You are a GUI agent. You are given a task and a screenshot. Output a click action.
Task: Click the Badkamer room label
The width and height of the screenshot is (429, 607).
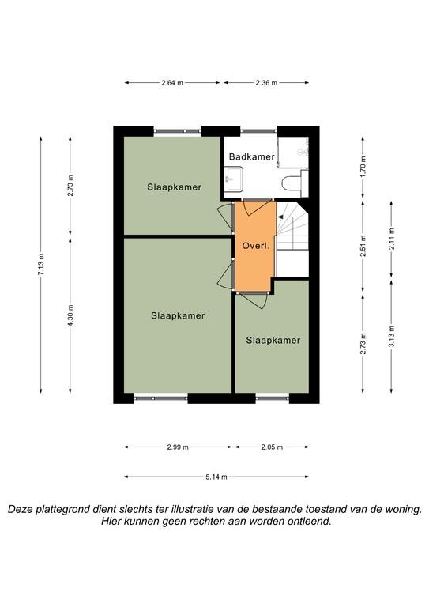point(251,156)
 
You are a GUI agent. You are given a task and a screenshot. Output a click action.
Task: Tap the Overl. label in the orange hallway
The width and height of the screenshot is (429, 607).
point(255,246)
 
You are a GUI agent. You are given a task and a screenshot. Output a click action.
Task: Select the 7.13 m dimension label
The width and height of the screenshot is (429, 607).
point(41,265)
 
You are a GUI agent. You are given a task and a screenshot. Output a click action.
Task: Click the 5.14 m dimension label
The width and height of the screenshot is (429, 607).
point(216,477)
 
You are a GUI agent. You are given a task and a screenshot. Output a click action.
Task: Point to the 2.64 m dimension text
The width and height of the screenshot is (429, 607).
point(172,82)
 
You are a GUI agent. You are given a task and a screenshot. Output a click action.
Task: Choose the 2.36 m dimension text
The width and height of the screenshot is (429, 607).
point(266,82)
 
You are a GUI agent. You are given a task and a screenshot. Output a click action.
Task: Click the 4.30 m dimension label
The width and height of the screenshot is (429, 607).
point(70,315)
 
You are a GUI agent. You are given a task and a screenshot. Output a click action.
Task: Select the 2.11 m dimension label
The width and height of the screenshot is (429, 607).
point(392,239)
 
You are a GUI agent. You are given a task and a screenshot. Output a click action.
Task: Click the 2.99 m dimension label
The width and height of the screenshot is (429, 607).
point(178,447)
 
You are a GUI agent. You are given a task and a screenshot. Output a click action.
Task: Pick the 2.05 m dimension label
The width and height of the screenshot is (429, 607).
point(272,447)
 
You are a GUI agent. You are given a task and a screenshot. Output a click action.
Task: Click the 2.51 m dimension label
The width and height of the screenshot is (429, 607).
point(363,247)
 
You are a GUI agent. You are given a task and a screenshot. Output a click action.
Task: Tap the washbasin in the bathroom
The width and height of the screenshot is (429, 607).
point(234,179)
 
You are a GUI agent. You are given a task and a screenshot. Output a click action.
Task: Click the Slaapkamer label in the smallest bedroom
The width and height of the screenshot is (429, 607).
point(273,341)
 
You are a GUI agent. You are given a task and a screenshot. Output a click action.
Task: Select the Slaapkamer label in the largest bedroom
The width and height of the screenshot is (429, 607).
point(178,315)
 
